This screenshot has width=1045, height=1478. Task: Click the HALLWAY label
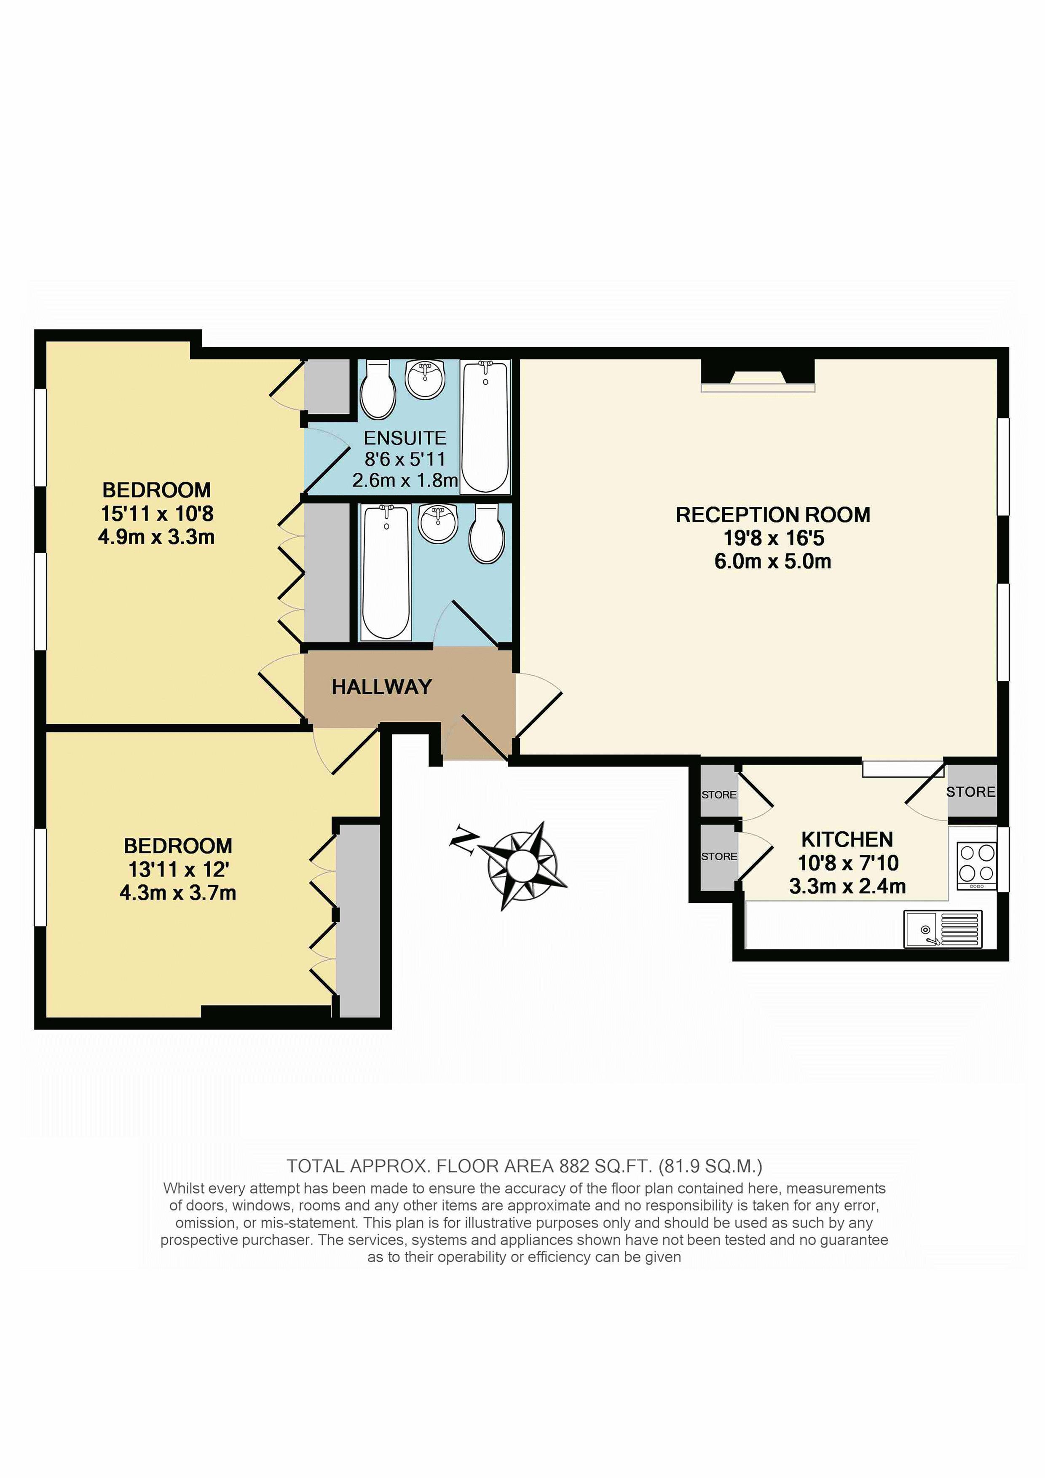381,687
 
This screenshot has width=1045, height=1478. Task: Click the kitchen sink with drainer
943,929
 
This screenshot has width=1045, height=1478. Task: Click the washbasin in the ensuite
425,379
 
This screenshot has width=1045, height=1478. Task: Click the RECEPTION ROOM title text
773,515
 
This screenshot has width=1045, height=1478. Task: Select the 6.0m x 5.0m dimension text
773,561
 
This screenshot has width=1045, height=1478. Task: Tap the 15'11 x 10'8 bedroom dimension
157,514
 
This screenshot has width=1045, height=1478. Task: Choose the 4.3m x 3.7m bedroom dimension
178,893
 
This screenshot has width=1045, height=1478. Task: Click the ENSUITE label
405,438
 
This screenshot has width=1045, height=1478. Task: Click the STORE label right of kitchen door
970,792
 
